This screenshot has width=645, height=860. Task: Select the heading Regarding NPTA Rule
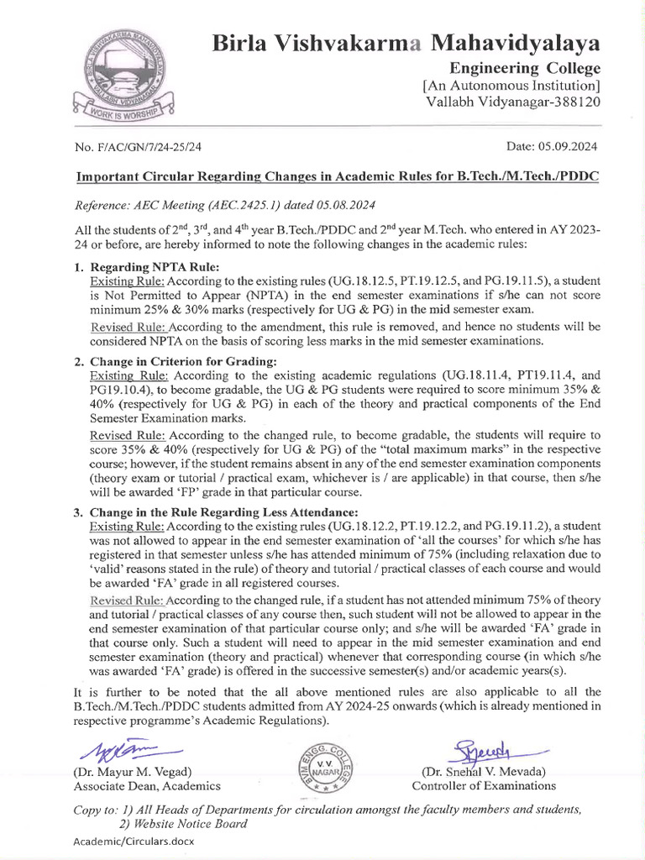150,266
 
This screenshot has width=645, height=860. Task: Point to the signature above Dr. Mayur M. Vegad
127,750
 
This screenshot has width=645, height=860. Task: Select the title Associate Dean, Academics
147,786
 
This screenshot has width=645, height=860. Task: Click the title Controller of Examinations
483,786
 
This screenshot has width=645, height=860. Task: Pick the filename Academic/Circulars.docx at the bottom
130,841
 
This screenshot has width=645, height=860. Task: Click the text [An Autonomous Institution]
511,85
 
